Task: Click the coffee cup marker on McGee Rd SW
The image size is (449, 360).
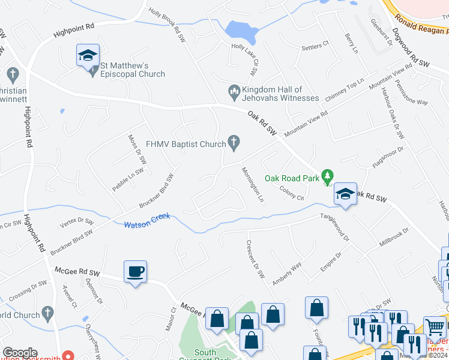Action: pos(135,272)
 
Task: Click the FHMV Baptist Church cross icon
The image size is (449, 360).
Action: pos(235,143)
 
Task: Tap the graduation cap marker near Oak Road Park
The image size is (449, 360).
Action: pos(345,194)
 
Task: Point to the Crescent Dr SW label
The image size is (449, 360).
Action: pos(255,259)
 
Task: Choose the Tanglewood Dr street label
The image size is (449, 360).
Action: pos(334,227)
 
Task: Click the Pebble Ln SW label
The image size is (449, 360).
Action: pos(128,180)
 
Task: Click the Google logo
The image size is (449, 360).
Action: pos(20,353)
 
